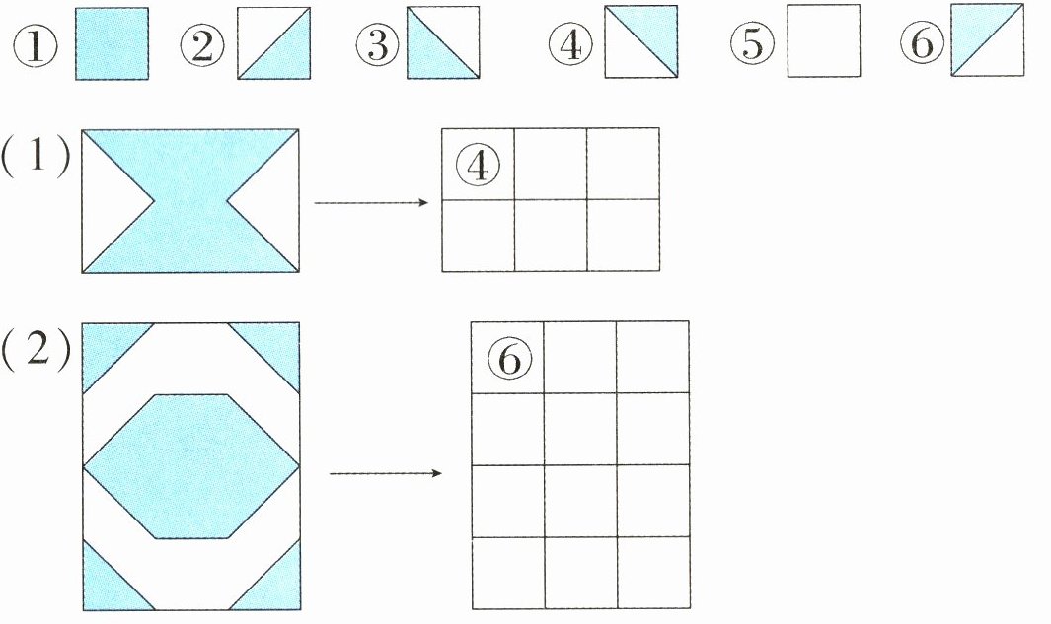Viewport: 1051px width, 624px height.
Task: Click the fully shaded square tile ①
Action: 113,43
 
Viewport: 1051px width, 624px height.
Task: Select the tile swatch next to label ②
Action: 273,43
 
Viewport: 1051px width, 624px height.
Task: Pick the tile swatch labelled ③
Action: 443,43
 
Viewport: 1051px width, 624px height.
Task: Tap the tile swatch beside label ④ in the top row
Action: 641,42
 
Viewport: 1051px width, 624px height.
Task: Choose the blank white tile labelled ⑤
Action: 823,42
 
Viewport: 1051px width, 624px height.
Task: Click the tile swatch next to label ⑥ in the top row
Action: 988,40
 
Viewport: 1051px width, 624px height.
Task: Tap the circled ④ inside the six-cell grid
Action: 479,165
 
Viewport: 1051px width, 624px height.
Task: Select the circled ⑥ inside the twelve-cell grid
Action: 508,358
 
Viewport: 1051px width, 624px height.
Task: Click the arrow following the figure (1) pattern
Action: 370,203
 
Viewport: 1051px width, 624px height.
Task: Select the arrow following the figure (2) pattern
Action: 385,473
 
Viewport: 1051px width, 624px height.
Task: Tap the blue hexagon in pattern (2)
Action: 190,466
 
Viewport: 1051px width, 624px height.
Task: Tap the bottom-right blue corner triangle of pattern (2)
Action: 276,588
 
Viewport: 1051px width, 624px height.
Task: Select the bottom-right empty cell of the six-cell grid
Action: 623,236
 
